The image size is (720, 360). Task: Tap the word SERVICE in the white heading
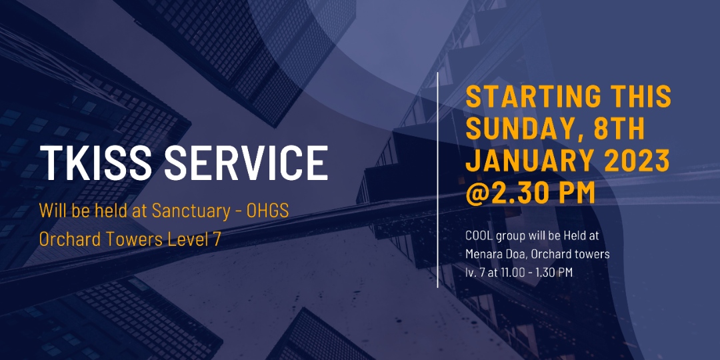(x=245, y=163)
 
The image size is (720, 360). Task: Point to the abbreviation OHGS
(x=268, y=210)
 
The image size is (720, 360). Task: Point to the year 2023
(x=639, y=160)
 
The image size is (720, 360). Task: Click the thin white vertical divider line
(x=437, y=180)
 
